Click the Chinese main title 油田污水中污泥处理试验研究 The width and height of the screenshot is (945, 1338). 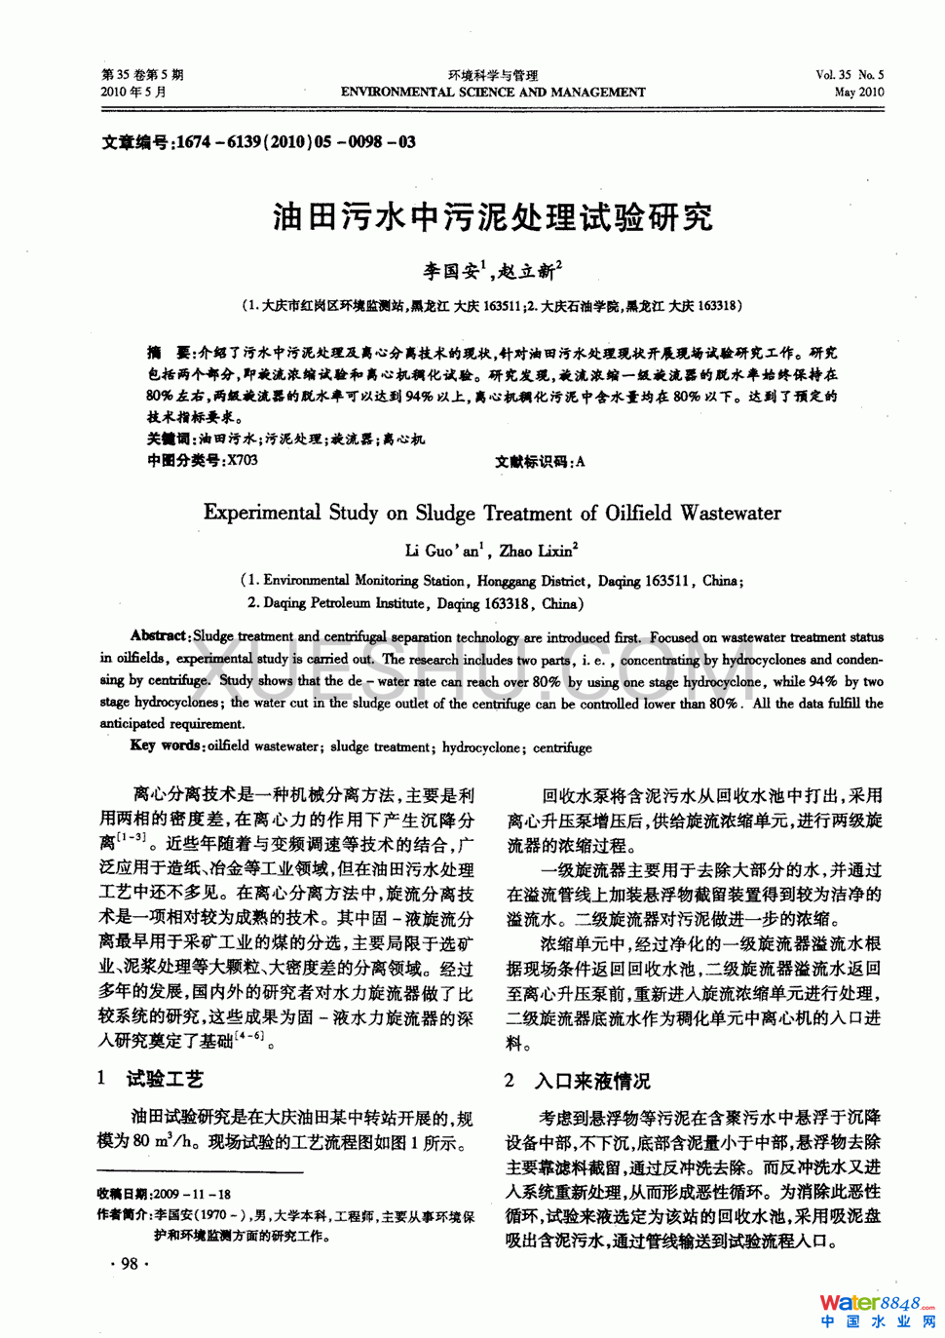[493, 216]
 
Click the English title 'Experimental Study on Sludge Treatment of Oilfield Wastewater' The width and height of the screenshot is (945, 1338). [492, 513]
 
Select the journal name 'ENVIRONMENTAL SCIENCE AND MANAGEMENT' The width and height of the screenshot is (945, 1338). [493, 93]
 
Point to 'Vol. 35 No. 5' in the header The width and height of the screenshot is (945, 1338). [850, 75]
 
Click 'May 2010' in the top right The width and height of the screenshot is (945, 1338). [858, 93]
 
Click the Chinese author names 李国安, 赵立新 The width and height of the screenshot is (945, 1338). [491, 270]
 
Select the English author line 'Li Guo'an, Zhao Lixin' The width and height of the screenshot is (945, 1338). [491, 551]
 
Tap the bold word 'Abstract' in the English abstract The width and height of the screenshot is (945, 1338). [159, 635]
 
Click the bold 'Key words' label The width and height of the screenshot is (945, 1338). [167, 745]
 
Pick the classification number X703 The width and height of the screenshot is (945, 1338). [242, 461]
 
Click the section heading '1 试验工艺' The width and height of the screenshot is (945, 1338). [151, 1079]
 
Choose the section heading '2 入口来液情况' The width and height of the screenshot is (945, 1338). [577, 1081]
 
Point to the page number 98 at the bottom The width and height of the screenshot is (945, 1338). [129, 1264]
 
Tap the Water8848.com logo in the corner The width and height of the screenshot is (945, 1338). [876, 1311]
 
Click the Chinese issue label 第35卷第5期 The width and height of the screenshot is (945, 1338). [142, 75]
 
